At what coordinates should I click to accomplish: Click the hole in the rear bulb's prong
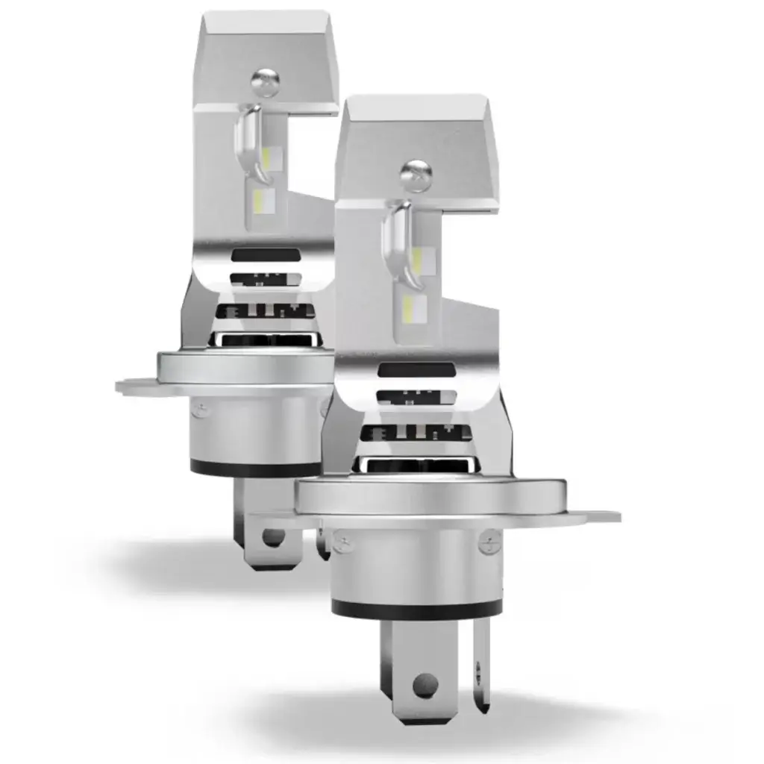(x=274, y=536)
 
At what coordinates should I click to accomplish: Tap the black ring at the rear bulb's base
(x=254, y=469)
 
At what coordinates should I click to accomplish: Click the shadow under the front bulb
(x=448, y=724)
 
